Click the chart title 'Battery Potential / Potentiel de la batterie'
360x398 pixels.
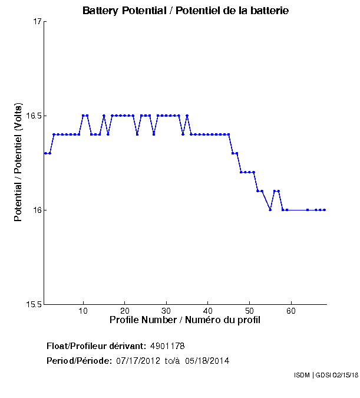click(x=186, y=11)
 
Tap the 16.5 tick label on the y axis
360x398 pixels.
click(x=34, y=116)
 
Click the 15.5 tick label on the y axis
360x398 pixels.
click(x=34, y=305)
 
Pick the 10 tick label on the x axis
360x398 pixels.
click(x=84, y=311)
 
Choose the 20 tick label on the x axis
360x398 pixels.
click(x=125, y=311)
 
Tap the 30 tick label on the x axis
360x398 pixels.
click(x=167, y=311)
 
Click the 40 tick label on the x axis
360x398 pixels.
click(x=208, y=311)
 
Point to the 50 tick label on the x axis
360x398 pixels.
click(x=249, y=311)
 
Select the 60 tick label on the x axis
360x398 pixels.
click(x=291, y=311)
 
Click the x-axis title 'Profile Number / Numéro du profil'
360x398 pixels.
click(x=185, y=320)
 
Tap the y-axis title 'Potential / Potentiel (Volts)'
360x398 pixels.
click(x=18, y=163)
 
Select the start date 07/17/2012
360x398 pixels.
click(x=137, y=360)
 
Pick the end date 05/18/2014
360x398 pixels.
click(x=207, y=360)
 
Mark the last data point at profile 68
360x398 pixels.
click(x=325, y=210)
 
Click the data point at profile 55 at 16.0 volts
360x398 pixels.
click(x=270, y=210)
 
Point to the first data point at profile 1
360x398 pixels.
click(x=45, y=153)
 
